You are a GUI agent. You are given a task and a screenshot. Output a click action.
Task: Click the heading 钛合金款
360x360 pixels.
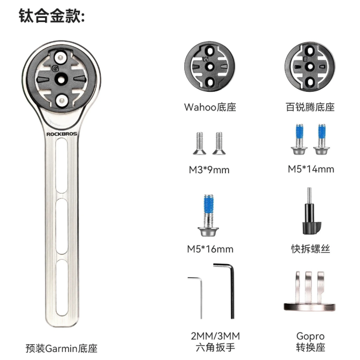(x=52, y=16)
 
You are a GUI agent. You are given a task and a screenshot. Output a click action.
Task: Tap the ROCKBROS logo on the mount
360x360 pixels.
(x=62, y=134)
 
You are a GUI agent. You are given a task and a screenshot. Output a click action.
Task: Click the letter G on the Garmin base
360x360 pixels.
(x=55, y=68)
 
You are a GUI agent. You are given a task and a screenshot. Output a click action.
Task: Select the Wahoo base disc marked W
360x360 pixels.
(x=210, y=67)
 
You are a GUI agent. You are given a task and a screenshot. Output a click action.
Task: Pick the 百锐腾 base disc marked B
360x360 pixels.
(x=310, y=67)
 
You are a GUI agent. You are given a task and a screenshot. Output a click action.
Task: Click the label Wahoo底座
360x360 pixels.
(x=210, y=107)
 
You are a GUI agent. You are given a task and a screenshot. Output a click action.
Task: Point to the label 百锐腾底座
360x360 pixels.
(x=310, y=107)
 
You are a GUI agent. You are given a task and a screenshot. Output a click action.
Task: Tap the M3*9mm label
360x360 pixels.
(x=209, y=170)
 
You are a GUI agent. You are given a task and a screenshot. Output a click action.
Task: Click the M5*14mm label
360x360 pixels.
(x=311, y=169)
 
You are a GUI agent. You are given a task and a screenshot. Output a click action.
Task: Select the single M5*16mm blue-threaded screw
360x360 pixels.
(x=208, y=216)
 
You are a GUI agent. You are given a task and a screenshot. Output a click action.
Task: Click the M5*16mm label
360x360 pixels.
(x=210, y=249)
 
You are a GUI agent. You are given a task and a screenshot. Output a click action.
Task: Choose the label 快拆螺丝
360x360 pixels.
(x=310, y=249)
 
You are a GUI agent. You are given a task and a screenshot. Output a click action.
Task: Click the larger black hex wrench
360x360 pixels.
(x=232, y=291)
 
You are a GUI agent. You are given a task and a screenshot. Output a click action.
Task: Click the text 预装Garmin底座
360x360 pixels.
(x=62, y=348)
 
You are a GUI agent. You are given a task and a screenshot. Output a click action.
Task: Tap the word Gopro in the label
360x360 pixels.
(x=310, y=336)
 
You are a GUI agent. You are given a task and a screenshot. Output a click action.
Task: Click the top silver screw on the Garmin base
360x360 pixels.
(x=60, y=58)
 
